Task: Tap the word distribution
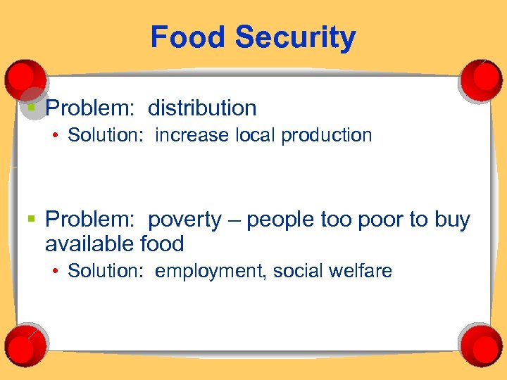point(202,108)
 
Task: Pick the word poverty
point(184,220)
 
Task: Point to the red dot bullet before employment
point(55,271)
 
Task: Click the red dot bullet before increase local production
point(55,135)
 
